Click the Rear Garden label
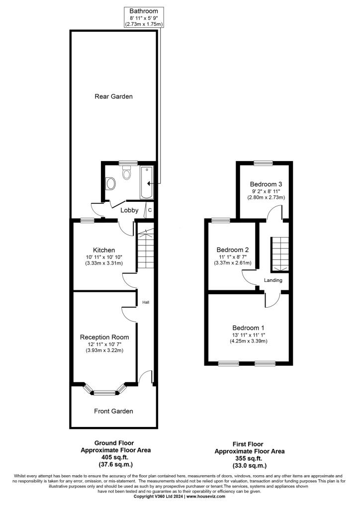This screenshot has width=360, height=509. point(113,96)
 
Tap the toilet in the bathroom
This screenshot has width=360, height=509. point(127,172)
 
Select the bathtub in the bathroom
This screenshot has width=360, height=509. point(146,183)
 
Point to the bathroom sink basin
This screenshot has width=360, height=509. point(111,183)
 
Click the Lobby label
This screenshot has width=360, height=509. point(129,210)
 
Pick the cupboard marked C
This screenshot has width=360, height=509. point(150,210)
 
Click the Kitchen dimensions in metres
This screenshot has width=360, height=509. point(104,263)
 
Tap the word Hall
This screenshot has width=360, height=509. point(146,303)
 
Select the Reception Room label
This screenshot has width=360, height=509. point(104,338)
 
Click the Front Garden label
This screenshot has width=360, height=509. point(113,411)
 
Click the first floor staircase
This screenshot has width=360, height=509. point(279,254)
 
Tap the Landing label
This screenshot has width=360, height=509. point(273,280)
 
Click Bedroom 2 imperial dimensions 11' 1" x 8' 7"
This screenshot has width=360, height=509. point(232,257)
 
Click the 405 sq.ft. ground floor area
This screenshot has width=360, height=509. point(115,457)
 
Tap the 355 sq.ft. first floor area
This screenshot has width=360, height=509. point(249,458)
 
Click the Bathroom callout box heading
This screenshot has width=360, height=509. point(144,11)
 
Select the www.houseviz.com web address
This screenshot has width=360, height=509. point(206,497)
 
